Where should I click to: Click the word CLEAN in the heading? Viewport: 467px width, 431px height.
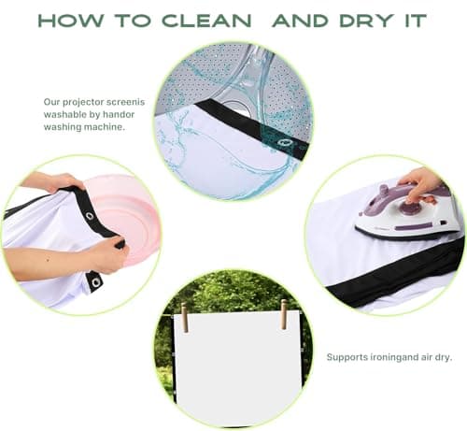[x=206, y=21]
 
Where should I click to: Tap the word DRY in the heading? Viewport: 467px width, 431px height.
[x=366, y=21]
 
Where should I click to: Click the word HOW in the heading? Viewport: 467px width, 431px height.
[x=71, y=21]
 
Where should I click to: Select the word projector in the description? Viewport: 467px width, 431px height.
[x=83, y=102]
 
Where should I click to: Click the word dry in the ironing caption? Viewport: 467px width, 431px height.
[x=443, y=357]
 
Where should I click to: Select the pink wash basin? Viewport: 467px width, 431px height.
[x=124, y=218]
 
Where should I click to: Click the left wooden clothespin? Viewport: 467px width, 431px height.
[x=185, y=317]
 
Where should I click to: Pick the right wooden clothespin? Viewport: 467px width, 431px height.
[x=284, y=314]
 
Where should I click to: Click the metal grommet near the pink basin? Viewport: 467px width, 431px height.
[x=90, y=216]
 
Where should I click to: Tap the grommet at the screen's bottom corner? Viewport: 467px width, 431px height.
[x=96, y=282]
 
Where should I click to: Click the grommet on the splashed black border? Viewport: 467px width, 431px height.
[x=284, y=143]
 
